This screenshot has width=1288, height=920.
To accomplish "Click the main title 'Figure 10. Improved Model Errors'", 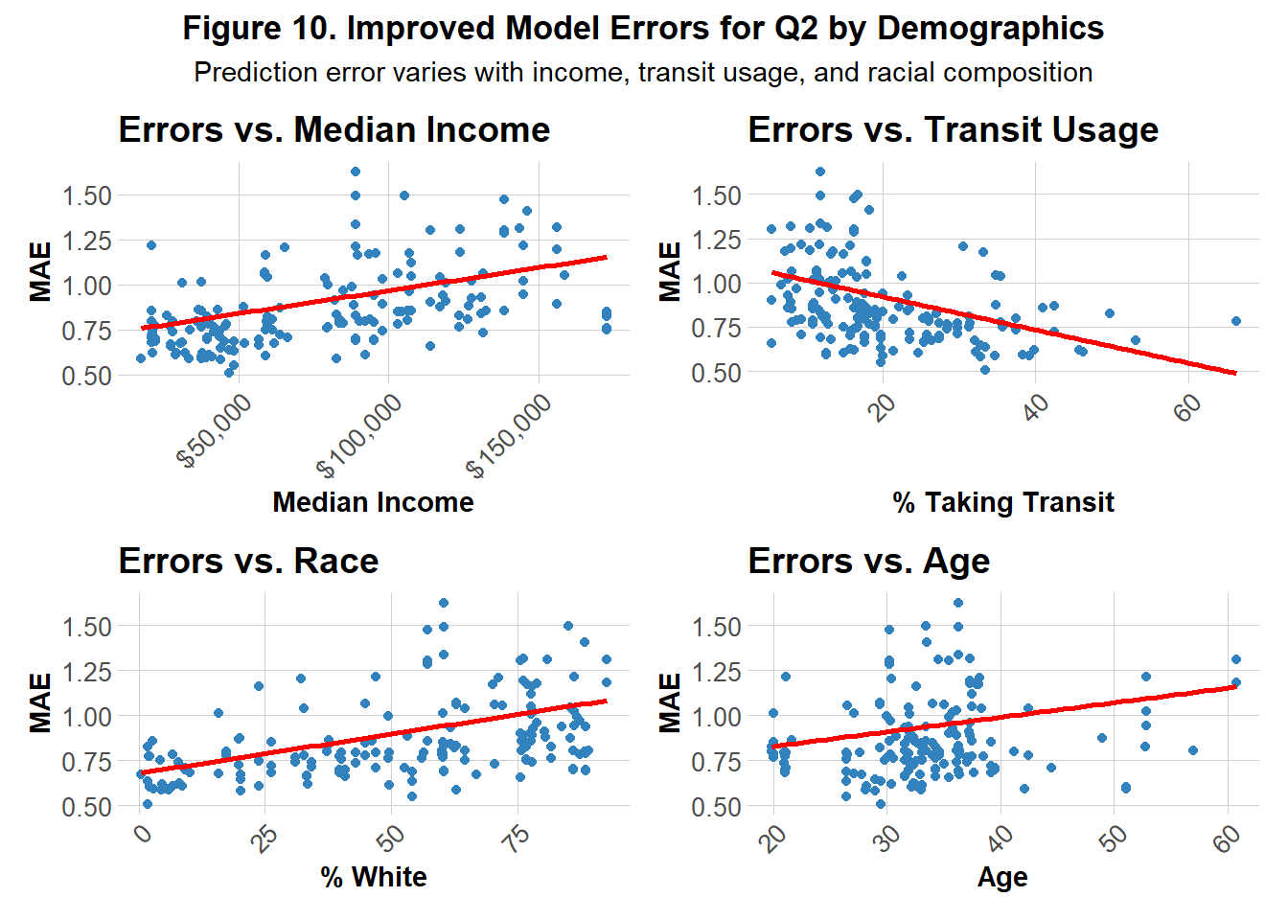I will pyautogui.click(x=643, y=28).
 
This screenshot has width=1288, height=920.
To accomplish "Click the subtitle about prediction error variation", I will pyautogui.click(x=643, y=73).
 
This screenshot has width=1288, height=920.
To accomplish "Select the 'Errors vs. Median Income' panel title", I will pyautogui.click(x=333, y=129).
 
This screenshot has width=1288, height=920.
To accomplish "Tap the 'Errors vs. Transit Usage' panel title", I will pyautogui.click(x=953, y=129).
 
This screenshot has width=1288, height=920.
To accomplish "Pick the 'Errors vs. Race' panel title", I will pyautogui.click(x=248, y=561).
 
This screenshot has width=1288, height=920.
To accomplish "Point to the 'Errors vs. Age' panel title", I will pyautogui.click(x=868, y=561).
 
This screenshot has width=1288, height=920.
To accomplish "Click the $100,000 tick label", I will pyautogui.click(x=360, y=436).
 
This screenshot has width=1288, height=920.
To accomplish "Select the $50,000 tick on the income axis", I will pyautogui.click(x=216, y=431).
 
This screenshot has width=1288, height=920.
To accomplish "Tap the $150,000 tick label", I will pyautogui.click(x=510, y=436).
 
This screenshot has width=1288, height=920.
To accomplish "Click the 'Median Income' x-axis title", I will pyautogui.click(x=373, y=502).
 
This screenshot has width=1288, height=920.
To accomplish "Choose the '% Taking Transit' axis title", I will pyautogui.click(x=1002, y=502).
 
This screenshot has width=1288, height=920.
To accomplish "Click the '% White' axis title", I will pyautogui.click(x=373, y=877).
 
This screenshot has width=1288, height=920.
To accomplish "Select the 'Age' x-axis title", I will pyautogui.click(x=1002, y=877).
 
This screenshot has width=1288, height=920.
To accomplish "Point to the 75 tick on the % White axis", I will pyautogui.click(x=517, y=838).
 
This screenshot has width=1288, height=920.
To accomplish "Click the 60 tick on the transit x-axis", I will pyautogui.click(x=1186, y=407).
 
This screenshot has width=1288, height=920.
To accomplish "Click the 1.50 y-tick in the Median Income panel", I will pyautogui.click(x=87, y=195).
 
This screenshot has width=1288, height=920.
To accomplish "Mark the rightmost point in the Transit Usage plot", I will pyautogui.click(x=1236, y=321).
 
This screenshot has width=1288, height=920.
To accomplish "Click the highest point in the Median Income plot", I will pyautogui.click(x=356, y=172).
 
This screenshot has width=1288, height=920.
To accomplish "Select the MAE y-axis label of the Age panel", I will pyautogui.click(x=671, y=702).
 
